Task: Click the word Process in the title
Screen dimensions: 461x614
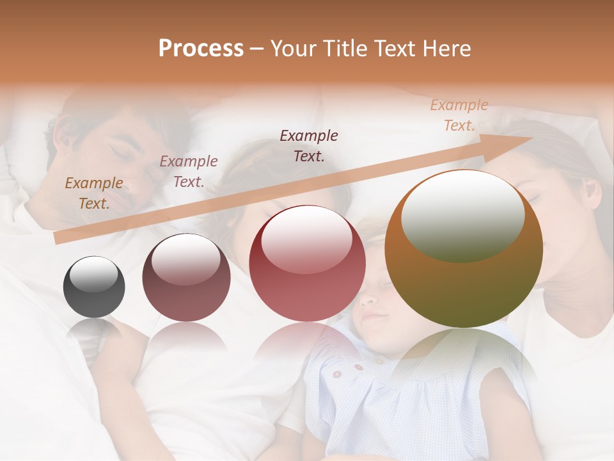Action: [201, 49]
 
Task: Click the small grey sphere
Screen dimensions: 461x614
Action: [94, 287]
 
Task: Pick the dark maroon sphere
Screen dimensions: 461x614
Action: [186, 278]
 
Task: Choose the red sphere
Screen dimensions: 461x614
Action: [307, 264]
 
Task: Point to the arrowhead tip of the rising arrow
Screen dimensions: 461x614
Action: [532, 138]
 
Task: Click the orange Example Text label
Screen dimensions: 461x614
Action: [459, 115]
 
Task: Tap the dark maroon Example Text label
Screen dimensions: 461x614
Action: [309, 145]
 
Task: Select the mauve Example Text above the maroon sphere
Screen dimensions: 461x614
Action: [189, 171]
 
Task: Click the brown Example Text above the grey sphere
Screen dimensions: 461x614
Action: [94, 193]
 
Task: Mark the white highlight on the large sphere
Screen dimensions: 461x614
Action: [462, 214]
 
